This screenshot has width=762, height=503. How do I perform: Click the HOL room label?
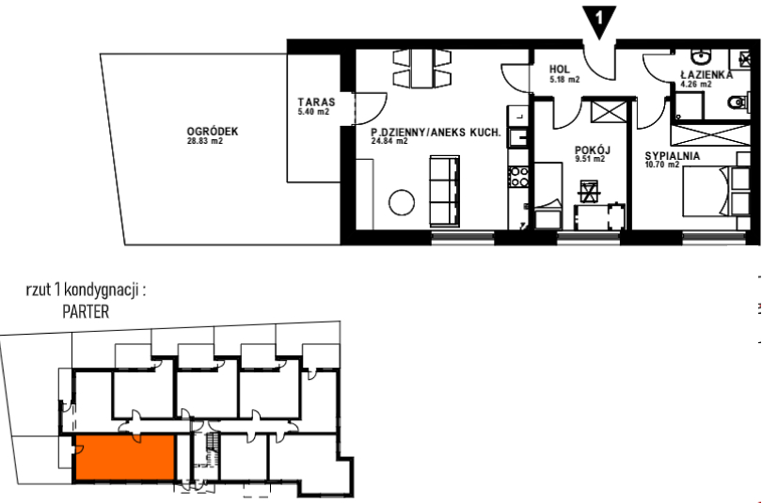pos(560,70)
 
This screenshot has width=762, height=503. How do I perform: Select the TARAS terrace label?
pos(316,102)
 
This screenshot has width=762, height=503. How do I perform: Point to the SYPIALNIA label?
pos(673,156)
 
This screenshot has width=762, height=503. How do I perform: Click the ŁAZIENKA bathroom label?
pos(706,75)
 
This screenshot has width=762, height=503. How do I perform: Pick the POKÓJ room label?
pos(593,150)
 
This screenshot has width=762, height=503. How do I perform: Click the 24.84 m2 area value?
pos(389,141)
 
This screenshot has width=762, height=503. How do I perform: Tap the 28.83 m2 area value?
pos(204,141)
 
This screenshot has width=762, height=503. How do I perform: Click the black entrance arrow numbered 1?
pos(599,21)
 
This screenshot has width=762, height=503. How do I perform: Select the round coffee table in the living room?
pos(402,202)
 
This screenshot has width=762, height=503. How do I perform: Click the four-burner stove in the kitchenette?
pos(518,176)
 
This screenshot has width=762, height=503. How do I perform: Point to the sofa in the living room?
pos(444,191)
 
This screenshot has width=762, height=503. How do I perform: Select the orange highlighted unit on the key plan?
pos(125,457)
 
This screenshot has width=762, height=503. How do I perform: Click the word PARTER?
pos(86,311)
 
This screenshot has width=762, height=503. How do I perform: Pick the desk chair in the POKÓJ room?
pos(589,190)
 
